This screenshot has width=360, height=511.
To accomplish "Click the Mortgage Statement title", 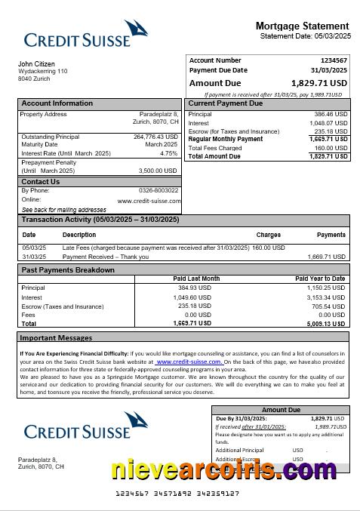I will (x=302, y=26).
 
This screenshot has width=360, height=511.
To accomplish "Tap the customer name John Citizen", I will (x=36, y=64).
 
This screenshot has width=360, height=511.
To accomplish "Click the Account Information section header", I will (x=57, y=103).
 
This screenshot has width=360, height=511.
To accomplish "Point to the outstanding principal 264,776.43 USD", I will (x=155, y=137).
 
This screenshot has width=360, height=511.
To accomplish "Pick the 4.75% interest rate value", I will (x=169, y=153).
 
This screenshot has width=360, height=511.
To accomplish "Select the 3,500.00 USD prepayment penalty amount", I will (x=158, y=171).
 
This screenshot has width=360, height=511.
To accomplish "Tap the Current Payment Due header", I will (x=225, y=103).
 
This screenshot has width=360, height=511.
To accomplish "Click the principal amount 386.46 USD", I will (x=331, y=114).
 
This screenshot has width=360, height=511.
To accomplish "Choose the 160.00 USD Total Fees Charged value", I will (x=331, y=148).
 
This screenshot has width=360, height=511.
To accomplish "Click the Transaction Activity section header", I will (x=100, y=220).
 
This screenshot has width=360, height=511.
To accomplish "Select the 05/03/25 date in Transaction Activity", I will (x=34, y=248).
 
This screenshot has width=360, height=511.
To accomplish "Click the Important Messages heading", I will (x=57, y=337).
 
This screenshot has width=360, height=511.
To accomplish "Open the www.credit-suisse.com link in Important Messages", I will (x=189, y=362).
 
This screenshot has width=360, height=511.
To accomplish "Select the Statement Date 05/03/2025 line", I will (x=305, y=36).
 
